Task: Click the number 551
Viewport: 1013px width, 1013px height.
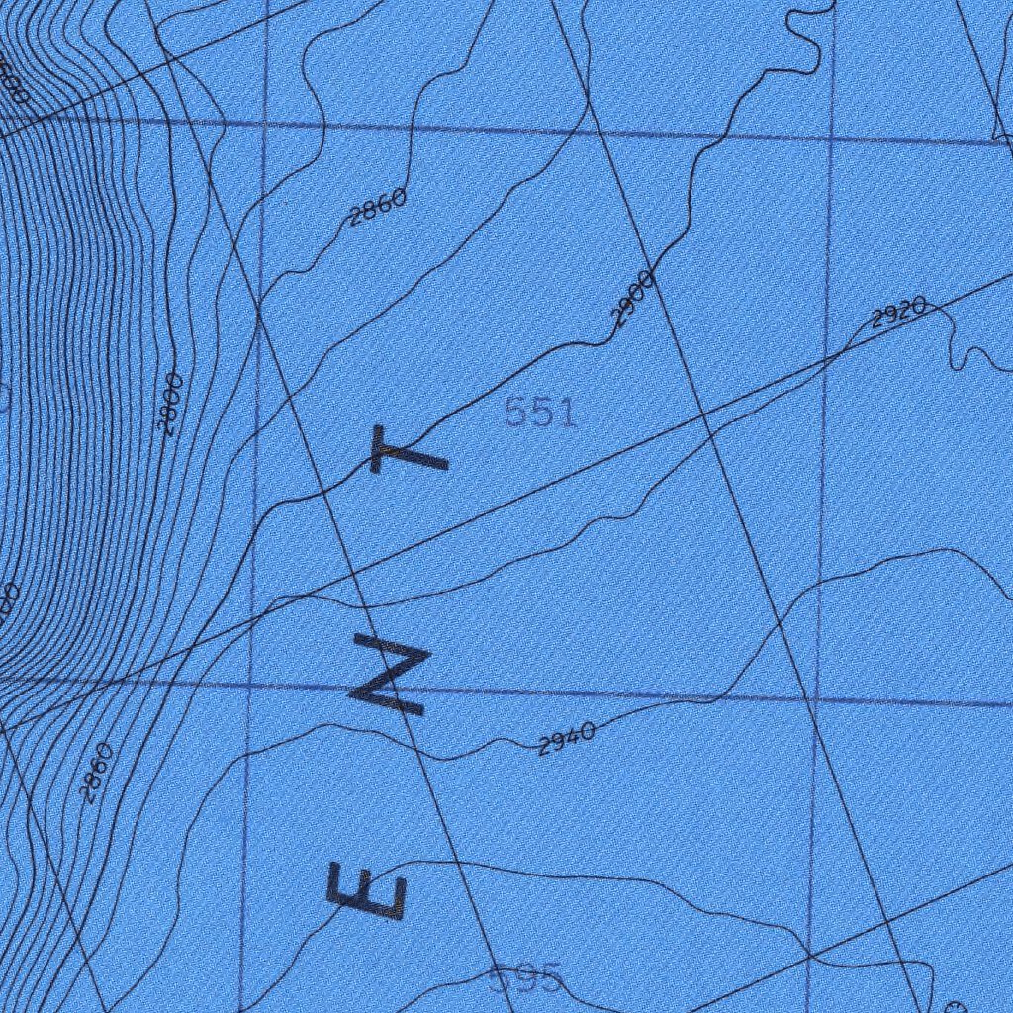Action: coord(540,412)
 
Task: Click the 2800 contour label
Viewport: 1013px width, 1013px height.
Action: coord(170,404)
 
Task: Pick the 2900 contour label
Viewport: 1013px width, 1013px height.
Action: coord(632,299)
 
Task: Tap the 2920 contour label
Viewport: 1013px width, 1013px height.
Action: coord(898,313)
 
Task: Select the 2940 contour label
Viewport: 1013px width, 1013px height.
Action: coord(566,738)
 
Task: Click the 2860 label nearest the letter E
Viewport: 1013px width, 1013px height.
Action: coord(96,773)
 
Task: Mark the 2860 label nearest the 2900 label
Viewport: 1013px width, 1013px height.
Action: coord(377,207)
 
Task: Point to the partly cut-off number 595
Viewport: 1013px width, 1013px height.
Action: coord(524,979)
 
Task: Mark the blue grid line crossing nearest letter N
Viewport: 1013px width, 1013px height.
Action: coord(249,683)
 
